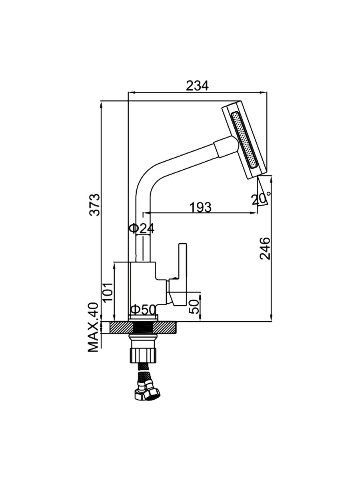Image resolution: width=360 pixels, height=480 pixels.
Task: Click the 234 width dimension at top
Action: pyautogui.click(x=197, y=86)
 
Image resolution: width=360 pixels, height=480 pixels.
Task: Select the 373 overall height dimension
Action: pyautogui.click(x=95, y=204)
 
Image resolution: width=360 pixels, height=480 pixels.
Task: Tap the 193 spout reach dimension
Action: pyautogui.click(x=200, y=207)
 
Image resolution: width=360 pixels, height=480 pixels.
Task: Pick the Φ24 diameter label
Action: pyautogui.click(x=141, y=228)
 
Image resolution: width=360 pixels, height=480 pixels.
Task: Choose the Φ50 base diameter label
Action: pyautogui.click(x=143, y=310)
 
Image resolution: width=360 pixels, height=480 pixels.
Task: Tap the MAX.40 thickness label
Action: pyautogui.click(x=94, y=327)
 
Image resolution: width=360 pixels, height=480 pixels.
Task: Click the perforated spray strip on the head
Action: pyautogui.click(x=244, y=140)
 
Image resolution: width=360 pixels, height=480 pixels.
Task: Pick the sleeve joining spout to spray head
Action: pyautogui.click(x=225, y=148)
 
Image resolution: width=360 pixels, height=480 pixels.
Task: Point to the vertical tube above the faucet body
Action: pyautogui.click(x=143, y=248)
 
